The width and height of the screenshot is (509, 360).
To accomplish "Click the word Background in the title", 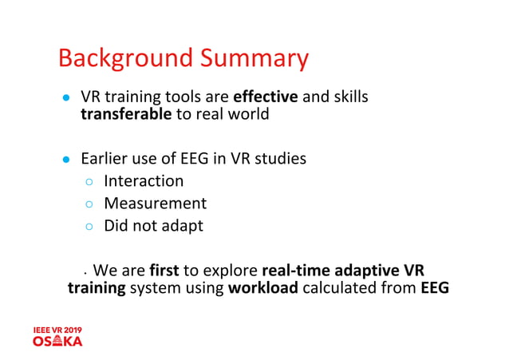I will point(125,58).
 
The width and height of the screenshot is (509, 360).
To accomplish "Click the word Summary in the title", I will point(254,58).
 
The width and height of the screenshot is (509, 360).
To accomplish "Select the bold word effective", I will point(266,97).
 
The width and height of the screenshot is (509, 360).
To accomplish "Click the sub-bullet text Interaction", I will point(144,181).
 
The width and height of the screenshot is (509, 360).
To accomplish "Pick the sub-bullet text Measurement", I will point(155,204).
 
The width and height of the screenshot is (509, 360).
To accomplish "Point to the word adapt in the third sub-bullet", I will point(184,226).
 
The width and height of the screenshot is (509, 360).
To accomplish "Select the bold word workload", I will point(262,287).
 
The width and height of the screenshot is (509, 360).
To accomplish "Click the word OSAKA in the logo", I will point(57,341).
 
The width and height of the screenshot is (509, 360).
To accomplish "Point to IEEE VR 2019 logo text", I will point(57,330).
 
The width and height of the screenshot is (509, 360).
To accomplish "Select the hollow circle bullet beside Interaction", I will point(90,182).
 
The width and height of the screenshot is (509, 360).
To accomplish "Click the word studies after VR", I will point(278,159).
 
